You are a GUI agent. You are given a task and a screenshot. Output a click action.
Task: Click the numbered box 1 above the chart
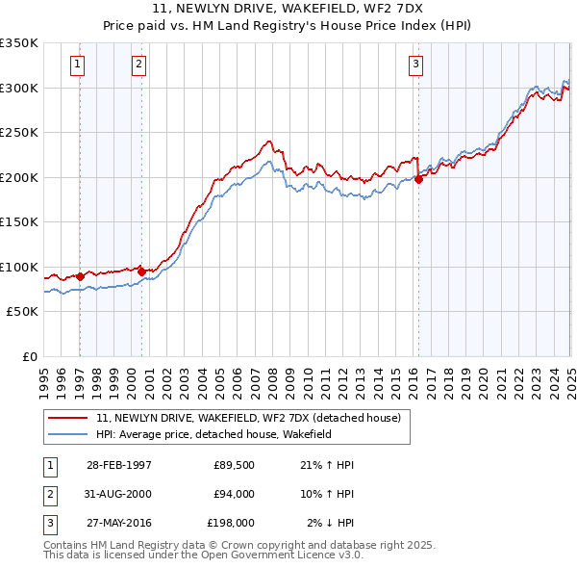(x=77, y=65)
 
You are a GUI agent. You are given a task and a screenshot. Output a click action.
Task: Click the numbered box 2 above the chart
(x=138, y=65)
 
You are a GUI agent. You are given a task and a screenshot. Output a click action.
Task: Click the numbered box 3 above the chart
(x=415, y=65)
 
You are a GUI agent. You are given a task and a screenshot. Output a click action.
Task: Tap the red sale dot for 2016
(x=419, y=178)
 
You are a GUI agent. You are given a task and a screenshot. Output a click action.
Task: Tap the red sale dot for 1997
(x=80, y=276)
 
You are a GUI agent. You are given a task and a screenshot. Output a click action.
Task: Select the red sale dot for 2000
(x=141, y=271)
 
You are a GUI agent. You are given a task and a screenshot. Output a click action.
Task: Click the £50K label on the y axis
(x=22, y=312)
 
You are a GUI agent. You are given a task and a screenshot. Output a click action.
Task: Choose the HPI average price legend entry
(x=227, y=435)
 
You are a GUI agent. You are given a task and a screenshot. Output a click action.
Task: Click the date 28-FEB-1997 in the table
(x=118, y=465)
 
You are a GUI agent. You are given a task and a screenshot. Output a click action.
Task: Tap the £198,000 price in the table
(x=230, y=523)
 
